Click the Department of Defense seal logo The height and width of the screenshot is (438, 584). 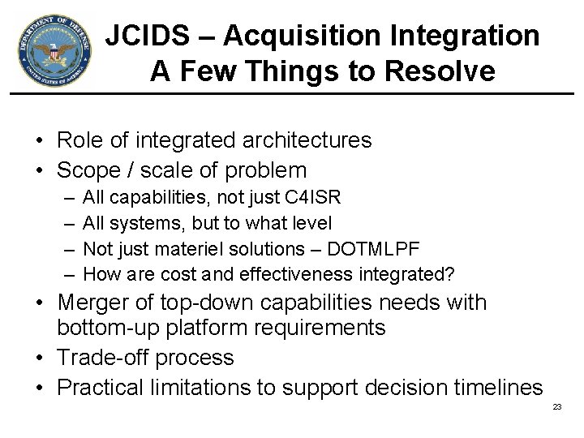click(x=54, y=53)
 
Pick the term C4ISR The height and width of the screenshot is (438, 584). click(x=313, y=197)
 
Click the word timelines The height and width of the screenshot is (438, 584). click(x=491, y=388)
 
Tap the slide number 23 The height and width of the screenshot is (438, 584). click(x=556, y=406)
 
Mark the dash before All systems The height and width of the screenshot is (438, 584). click(x=66, y=223)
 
